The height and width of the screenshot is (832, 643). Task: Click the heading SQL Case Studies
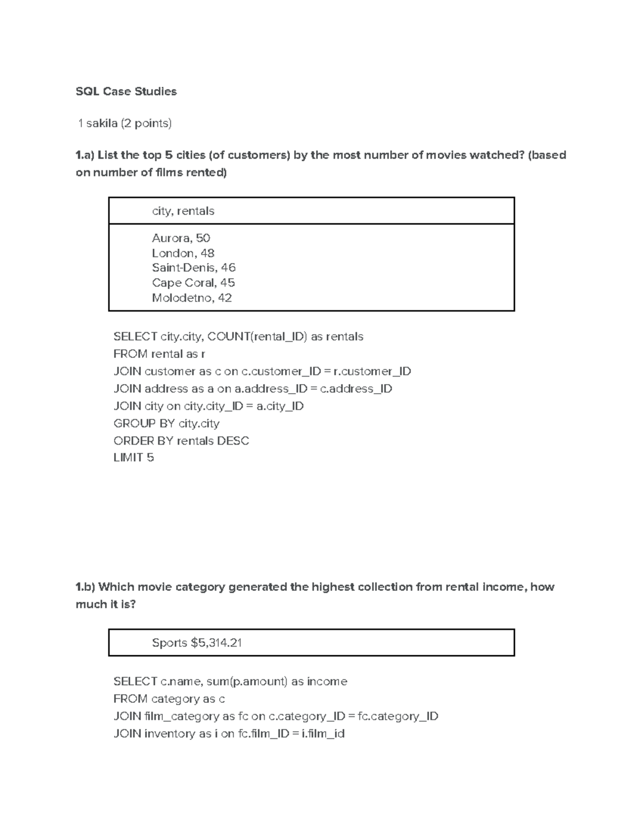pos(126,92)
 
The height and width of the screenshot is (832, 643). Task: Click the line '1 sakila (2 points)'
pos(125,123)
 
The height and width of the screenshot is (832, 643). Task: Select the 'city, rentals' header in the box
pos(183,211)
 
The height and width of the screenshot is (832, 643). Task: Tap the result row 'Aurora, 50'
pos(181,238)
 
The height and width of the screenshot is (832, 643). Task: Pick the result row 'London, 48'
pos(183,253)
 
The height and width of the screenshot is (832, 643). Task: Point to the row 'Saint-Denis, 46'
pos(193,267)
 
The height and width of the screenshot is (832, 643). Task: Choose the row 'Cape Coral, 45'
pos(193,282)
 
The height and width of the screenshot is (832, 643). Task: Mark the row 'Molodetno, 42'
pos(191,298)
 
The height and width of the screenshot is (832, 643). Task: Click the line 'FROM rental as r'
pos(159,354)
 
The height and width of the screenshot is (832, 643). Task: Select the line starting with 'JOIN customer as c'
pos(262,371)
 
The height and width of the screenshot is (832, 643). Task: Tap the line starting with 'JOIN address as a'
pos(252,388)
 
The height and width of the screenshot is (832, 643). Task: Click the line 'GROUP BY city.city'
pos(166,423)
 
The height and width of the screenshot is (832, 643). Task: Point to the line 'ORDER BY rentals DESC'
pos(181,441)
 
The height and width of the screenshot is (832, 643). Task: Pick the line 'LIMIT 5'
pos(133,458)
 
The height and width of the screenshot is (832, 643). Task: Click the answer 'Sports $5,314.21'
pos(197,643)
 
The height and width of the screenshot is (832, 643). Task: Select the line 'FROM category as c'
pos(169,699)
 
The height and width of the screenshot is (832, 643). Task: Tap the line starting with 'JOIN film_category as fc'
pos(275,716)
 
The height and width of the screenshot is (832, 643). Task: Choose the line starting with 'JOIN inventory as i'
pos(229,733)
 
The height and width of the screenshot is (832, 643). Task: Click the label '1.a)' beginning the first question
pos(85,155)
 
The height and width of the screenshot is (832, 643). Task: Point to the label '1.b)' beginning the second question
pos(85,587)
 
